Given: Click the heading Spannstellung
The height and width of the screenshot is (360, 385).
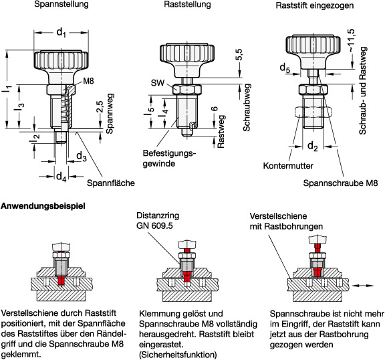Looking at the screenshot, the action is (x=61, y=4).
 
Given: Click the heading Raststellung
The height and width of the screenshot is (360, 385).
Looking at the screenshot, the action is (x=187, y=4).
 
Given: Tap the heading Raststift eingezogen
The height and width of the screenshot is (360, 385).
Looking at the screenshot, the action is (x=315, y=5).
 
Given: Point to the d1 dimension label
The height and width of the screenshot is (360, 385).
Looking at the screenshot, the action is (x=61, y=32).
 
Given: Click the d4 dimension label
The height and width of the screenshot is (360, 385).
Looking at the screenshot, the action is (x=61, y=177).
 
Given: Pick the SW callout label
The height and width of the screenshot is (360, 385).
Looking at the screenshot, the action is (x=157, y=83).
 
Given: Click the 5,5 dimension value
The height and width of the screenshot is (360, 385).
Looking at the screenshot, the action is (x=239, y=55).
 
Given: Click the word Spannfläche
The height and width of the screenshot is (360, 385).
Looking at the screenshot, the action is (x=111, y=183).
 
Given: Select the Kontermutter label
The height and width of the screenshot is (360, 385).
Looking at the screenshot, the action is (x=288, y=166).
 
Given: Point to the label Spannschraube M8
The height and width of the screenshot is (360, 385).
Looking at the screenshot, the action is (x=340, y=183).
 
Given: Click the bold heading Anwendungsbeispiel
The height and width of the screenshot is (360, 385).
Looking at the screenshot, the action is (x=43, y=206).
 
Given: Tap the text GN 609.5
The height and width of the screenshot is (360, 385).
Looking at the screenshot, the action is (x=154, y=226).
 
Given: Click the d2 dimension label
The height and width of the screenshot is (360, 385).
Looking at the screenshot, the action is (x=313, y=147).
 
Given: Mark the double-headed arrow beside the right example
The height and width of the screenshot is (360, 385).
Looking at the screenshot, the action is (x=363, y=286).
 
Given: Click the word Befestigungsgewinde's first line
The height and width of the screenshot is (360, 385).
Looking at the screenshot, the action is (x=169, y=153).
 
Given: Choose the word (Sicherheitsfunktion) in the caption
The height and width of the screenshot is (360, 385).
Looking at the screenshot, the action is (x=178, y=355).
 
